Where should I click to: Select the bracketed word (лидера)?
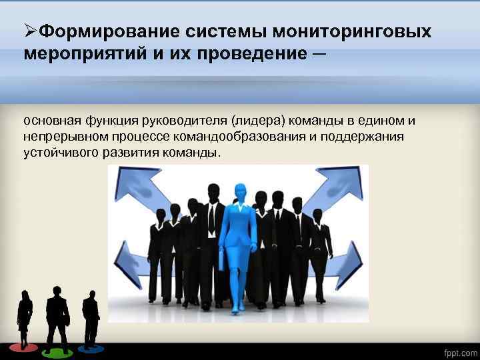tap(257, 121)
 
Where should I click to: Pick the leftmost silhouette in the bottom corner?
tap(25, 320)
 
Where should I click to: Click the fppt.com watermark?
tap(460, 351)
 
